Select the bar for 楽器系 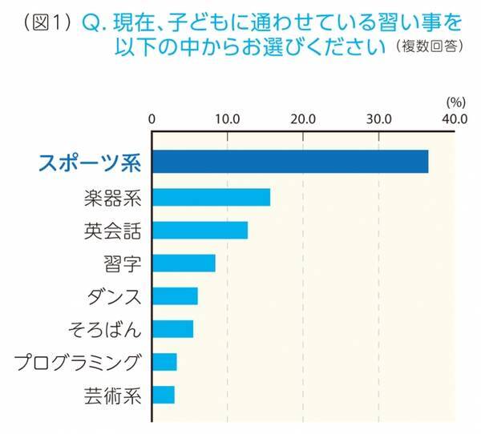pyautogui.click(x=211, y=197)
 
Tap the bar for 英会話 pyautogui.click(x=200, y=231)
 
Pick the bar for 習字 pyautogui.click(x=184, y=263)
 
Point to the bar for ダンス pyautogui.click(x=175, y=296)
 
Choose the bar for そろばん pyautogui.click(x=172, y=329)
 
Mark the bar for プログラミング pyautogui.click(x=164, y=362)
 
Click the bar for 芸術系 pyautogui.click(x=164, y=394)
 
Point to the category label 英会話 pyautogui.click(x=112, y=231)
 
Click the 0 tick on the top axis pyautogui.click(x=152, y=120)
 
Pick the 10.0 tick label pyautogui.click(x=228, y=120)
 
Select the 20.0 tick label pyautogui.click(x=303, y=120)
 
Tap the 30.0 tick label pyautogui.click(x=378, y=120)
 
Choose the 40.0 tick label pyautogui.click(x=454, y=120)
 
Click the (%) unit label pyautogui.click(x=455, y=102)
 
